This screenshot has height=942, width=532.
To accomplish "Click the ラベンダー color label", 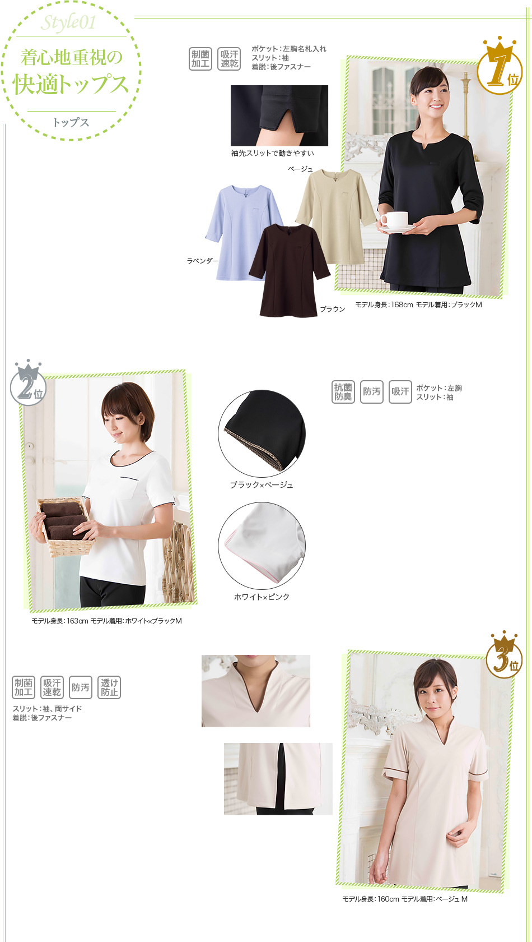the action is pos(202,261).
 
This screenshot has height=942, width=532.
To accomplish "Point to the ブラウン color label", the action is pos(333,309).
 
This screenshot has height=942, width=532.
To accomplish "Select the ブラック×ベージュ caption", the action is pos(262,485).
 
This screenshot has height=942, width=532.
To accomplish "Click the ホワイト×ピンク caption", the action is pos(262,597).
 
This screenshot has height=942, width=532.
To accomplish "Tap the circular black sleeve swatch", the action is pos(262,433).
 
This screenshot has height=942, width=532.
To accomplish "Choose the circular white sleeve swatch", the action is pos(262,546).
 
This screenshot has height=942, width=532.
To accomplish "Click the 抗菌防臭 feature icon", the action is pos(343,391).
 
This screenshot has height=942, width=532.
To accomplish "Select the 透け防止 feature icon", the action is pos(109,687).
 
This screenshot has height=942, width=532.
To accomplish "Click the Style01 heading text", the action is pos(68,22).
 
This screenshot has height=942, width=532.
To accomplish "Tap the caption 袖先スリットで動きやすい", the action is pos(273,153).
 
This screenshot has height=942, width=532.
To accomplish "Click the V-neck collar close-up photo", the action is pos(256,691).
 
